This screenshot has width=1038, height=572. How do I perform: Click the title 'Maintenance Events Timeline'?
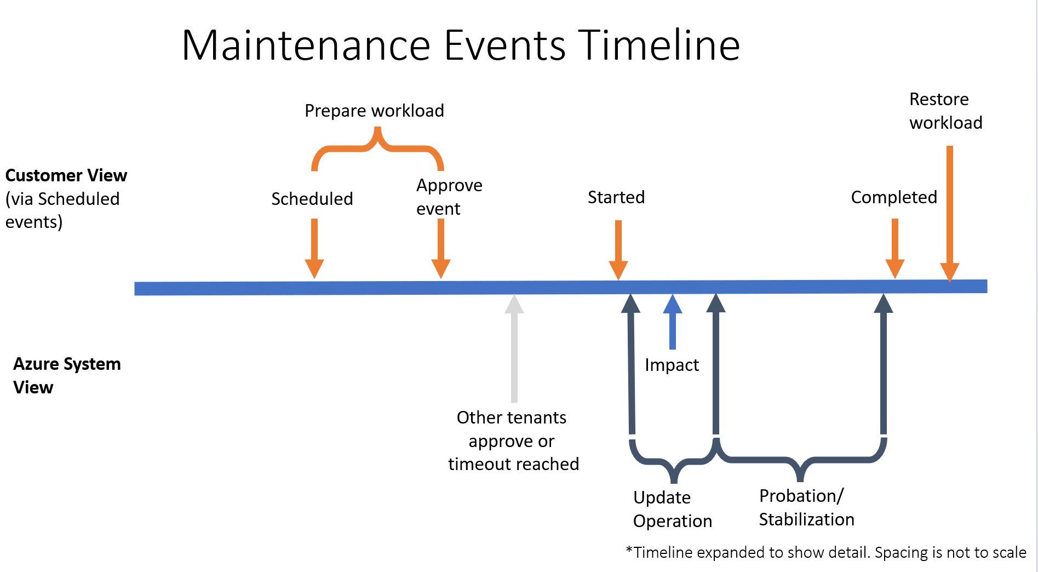461,45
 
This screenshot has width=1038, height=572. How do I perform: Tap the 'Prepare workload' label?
374,111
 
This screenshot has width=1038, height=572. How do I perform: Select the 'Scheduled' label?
312,199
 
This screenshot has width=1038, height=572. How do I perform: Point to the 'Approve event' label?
449,197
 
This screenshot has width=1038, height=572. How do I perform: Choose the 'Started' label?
616,197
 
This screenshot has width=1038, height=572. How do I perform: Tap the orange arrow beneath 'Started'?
618,250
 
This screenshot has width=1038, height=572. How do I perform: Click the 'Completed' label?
894,197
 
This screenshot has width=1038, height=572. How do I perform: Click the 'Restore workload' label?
945,111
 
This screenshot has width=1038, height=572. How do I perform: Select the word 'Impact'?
672,365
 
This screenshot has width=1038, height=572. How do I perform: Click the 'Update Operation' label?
672,509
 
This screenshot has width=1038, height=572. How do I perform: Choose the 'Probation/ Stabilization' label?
806,507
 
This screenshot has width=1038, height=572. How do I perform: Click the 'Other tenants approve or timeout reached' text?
513,441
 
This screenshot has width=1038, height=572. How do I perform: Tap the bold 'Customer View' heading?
66,175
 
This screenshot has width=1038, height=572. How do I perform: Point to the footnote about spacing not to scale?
826,552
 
